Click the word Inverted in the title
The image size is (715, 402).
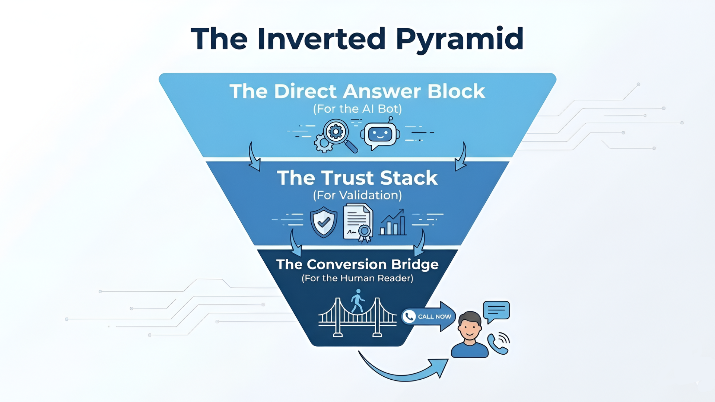321,39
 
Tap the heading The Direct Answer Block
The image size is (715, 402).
357,91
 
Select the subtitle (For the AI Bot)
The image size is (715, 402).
357,109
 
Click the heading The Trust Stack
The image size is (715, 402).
357,178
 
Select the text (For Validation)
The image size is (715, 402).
357,195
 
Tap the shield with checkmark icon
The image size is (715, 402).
324,222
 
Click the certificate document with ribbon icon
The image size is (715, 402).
358,223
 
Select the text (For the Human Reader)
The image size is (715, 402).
357,278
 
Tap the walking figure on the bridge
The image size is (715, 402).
358,301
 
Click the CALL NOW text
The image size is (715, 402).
434,316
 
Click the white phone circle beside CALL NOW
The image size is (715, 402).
409,316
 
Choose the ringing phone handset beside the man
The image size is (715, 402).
498,343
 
